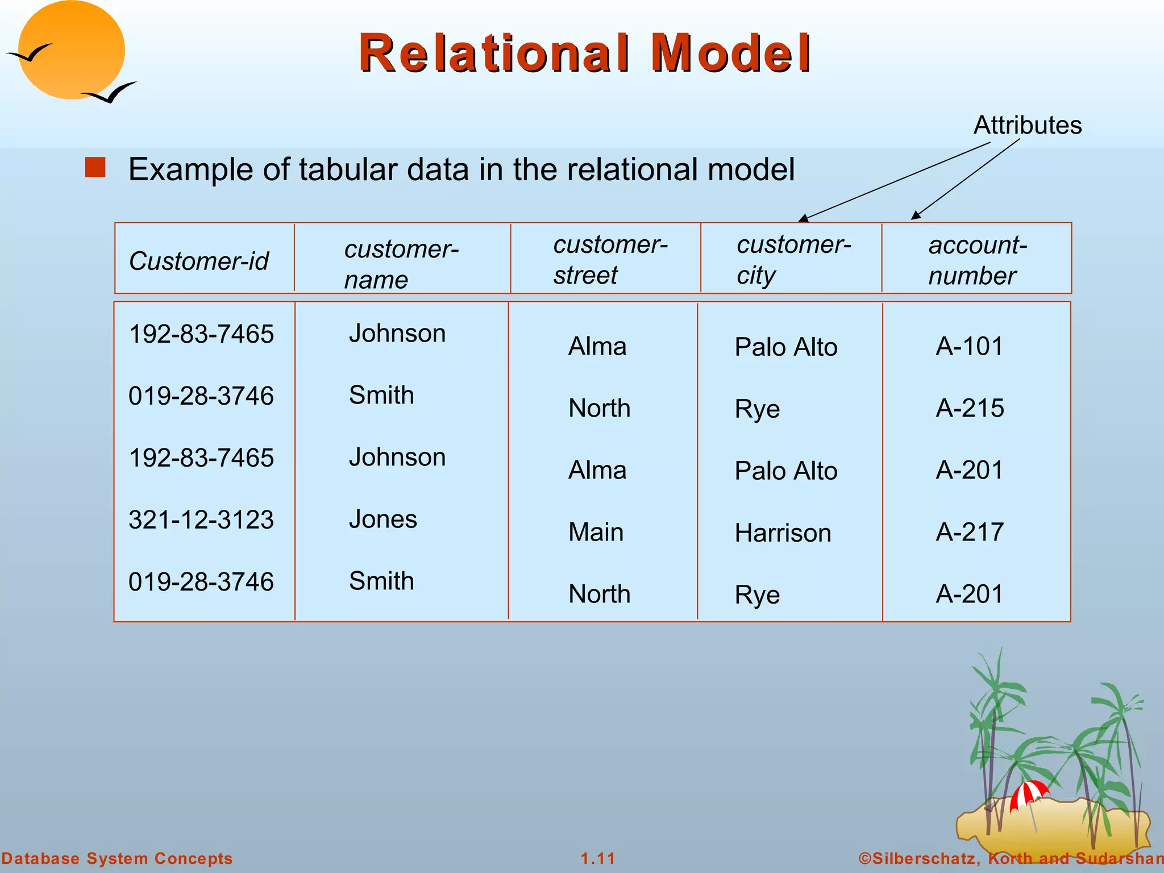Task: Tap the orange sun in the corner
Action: click(x=71, y=50)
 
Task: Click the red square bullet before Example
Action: click(x=95, y=168)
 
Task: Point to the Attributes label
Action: click(x=1027, y=125)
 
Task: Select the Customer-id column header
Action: click(x=198, y=261)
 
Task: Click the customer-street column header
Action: click(x=610, y=260)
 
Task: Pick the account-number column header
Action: click(x=976, y=260)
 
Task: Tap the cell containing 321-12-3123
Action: click(x=201, y=519)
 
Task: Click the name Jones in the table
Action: click(x=383, y=519)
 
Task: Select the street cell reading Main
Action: click(x=596, y=532)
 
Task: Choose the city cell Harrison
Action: click(x=783, y=533)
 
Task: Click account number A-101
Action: click(x=969, y=346)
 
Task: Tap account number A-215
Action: click(x=970, y=408)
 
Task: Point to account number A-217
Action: click(x=970, y=532)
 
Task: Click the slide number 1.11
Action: click(x=598, y=858)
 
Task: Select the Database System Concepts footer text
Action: click(x=117, y=858)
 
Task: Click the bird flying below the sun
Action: click(x=111, y=93)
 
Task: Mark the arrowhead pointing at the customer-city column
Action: click(x=803, y=219)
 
